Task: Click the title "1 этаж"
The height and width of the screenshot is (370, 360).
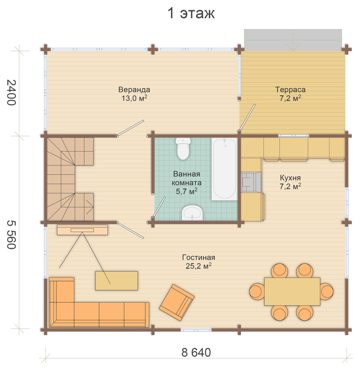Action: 191,13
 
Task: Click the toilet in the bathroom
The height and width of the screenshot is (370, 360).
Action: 183,149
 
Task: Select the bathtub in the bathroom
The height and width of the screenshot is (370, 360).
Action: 224,169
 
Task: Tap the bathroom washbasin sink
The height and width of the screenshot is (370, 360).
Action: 192,213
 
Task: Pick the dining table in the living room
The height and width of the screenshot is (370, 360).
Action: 292,292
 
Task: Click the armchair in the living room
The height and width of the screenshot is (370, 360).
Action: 177,302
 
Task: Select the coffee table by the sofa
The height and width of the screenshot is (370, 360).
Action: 117,281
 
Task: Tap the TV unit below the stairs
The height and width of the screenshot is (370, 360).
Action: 83,230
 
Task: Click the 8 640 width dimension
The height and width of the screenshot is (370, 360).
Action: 196,352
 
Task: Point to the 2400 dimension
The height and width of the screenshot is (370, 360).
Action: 11,93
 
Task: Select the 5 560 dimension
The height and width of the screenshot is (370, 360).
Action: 11,235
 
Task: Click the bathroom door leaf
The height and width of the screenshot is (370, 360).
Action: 159,207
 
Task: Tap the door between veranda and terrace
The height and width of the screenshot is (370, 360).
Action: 247,117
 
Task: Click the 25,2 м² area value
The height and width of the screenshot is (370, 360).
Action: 199,266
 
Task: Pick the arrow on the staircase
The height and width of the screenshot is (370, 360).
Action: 90,207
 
